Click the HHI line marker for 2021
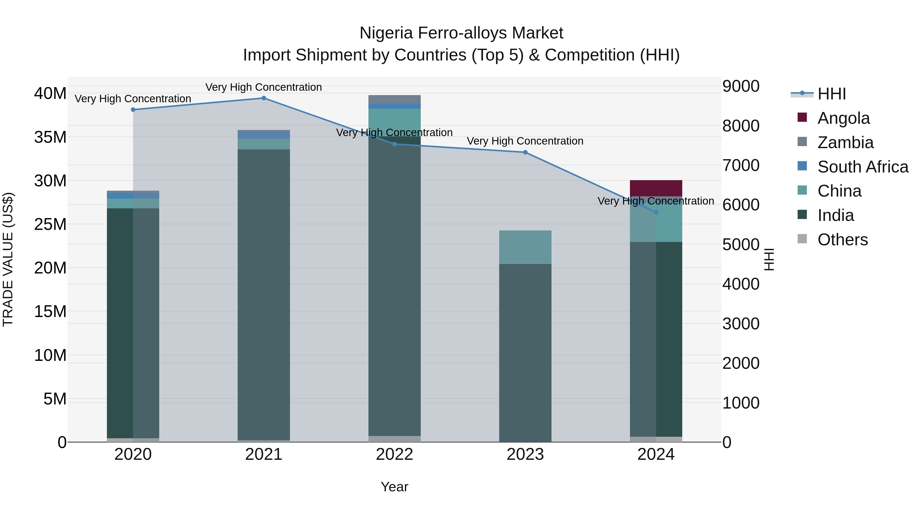coord(264,98)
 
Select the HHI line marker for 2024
coord(656,212)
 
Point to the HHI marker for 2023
coord(525,152)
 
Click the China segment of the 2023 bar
coord(525,247)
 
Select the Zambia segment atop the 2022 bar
coord(395,99)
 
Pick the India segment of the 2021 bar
coord(264,294)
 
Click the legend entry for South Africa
coord(863,167)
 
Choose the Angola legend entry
coord(844,118)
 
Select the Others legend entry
coord(842,240)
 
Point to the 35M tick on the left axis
coord(50,137)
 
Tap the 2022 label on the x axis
coord(395,454)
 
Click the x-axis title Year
coord(395,487)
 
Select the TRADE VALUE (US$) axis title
coord(8,259)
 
